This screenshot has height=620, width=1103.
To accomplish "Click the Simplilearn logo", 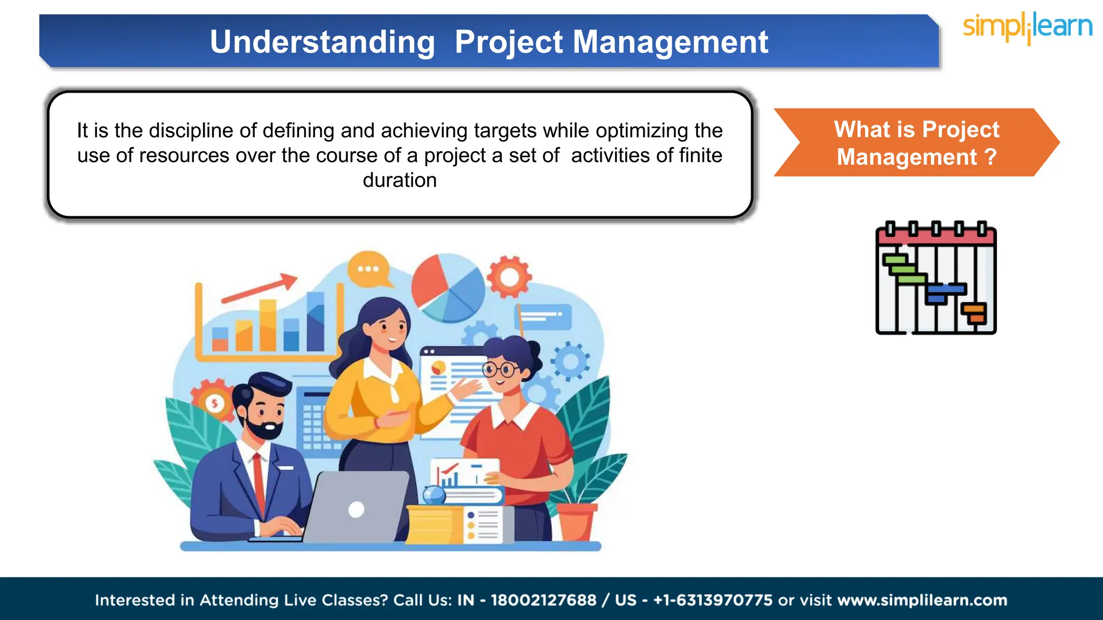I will pos(1027,27).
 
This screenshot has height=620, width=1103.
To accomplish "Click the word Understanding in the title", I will pos(322,42).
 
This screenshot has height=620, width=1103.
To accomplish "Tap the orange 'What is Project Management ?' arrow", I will pos(916,143).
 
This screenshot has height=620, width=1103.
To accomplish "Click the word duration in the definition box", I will pos(400,180).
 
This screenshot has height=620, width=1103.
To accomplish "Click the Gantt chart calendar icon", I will pos(936,278).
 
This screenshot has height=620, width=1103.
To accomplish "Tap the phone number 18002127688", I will pos(543,600).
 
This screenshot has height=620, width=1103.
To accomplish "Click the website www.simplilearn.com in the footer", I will pos(922,600).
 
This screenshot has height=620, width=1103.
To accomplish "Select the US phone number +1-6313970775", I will pos(713,600).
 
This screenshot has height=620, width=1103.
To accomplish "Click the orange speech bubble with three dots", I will pos(369,269).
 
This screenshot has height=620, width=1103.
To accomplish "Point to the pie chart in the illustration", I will pos(448,288).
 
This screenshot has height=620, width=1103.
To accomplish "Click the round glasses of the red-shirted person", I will pos(500,369).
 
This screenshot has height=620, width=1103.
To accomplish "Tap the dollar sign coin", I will pos(215,403).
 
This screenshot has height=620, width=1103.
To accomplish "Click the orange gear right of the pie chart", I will pos(509,277).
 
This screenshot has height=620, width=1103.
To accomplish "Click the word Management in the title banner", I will pos(670,42).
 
